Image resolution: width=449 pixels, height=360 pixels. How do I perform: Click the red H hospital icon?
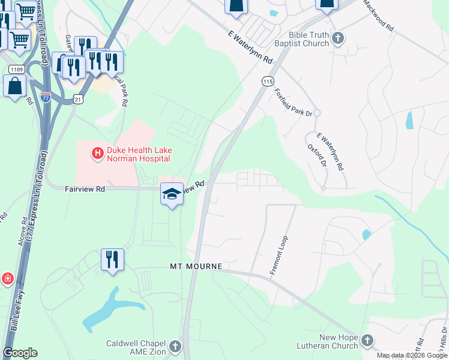[x=96, y=154]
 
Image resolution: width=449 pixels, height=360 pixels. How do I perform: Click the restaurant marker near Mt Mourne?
[x=112, y=260]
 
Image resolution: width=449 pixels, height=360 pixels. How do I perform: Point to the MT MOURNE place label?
[x=196, y=266]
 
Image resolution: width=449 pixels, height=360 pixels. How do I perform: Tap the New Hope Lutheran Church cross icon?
[x=367, y=341]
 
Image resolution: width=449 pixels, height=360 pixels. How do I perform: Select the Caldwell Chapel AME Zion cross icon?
[x=175, y=346]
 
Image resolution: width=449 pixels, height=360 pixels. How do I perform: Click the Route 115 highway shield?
[x=268, y=80]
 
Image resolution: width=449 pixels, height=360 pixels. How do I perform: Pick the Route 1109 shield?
[x=16, y=70]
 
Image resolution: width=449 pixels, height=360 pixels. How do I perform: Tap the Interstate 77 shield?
[x=46, y=95]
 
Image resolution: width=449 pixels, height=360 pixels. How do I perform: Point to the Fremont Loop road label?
[x=280, y=254]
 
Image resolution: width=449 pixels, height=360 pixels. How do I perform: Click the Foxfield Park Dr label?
[x=293, y=103]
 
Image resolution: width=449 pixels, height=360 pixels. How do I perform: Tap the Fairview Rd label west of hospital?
[x=85, y=188]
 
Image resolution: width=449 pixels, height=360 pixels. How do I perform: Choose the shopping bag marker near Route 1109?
[x=15, y=86]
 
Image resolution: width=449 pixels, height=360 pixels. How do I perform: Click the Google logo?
[x=20, y=353]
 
